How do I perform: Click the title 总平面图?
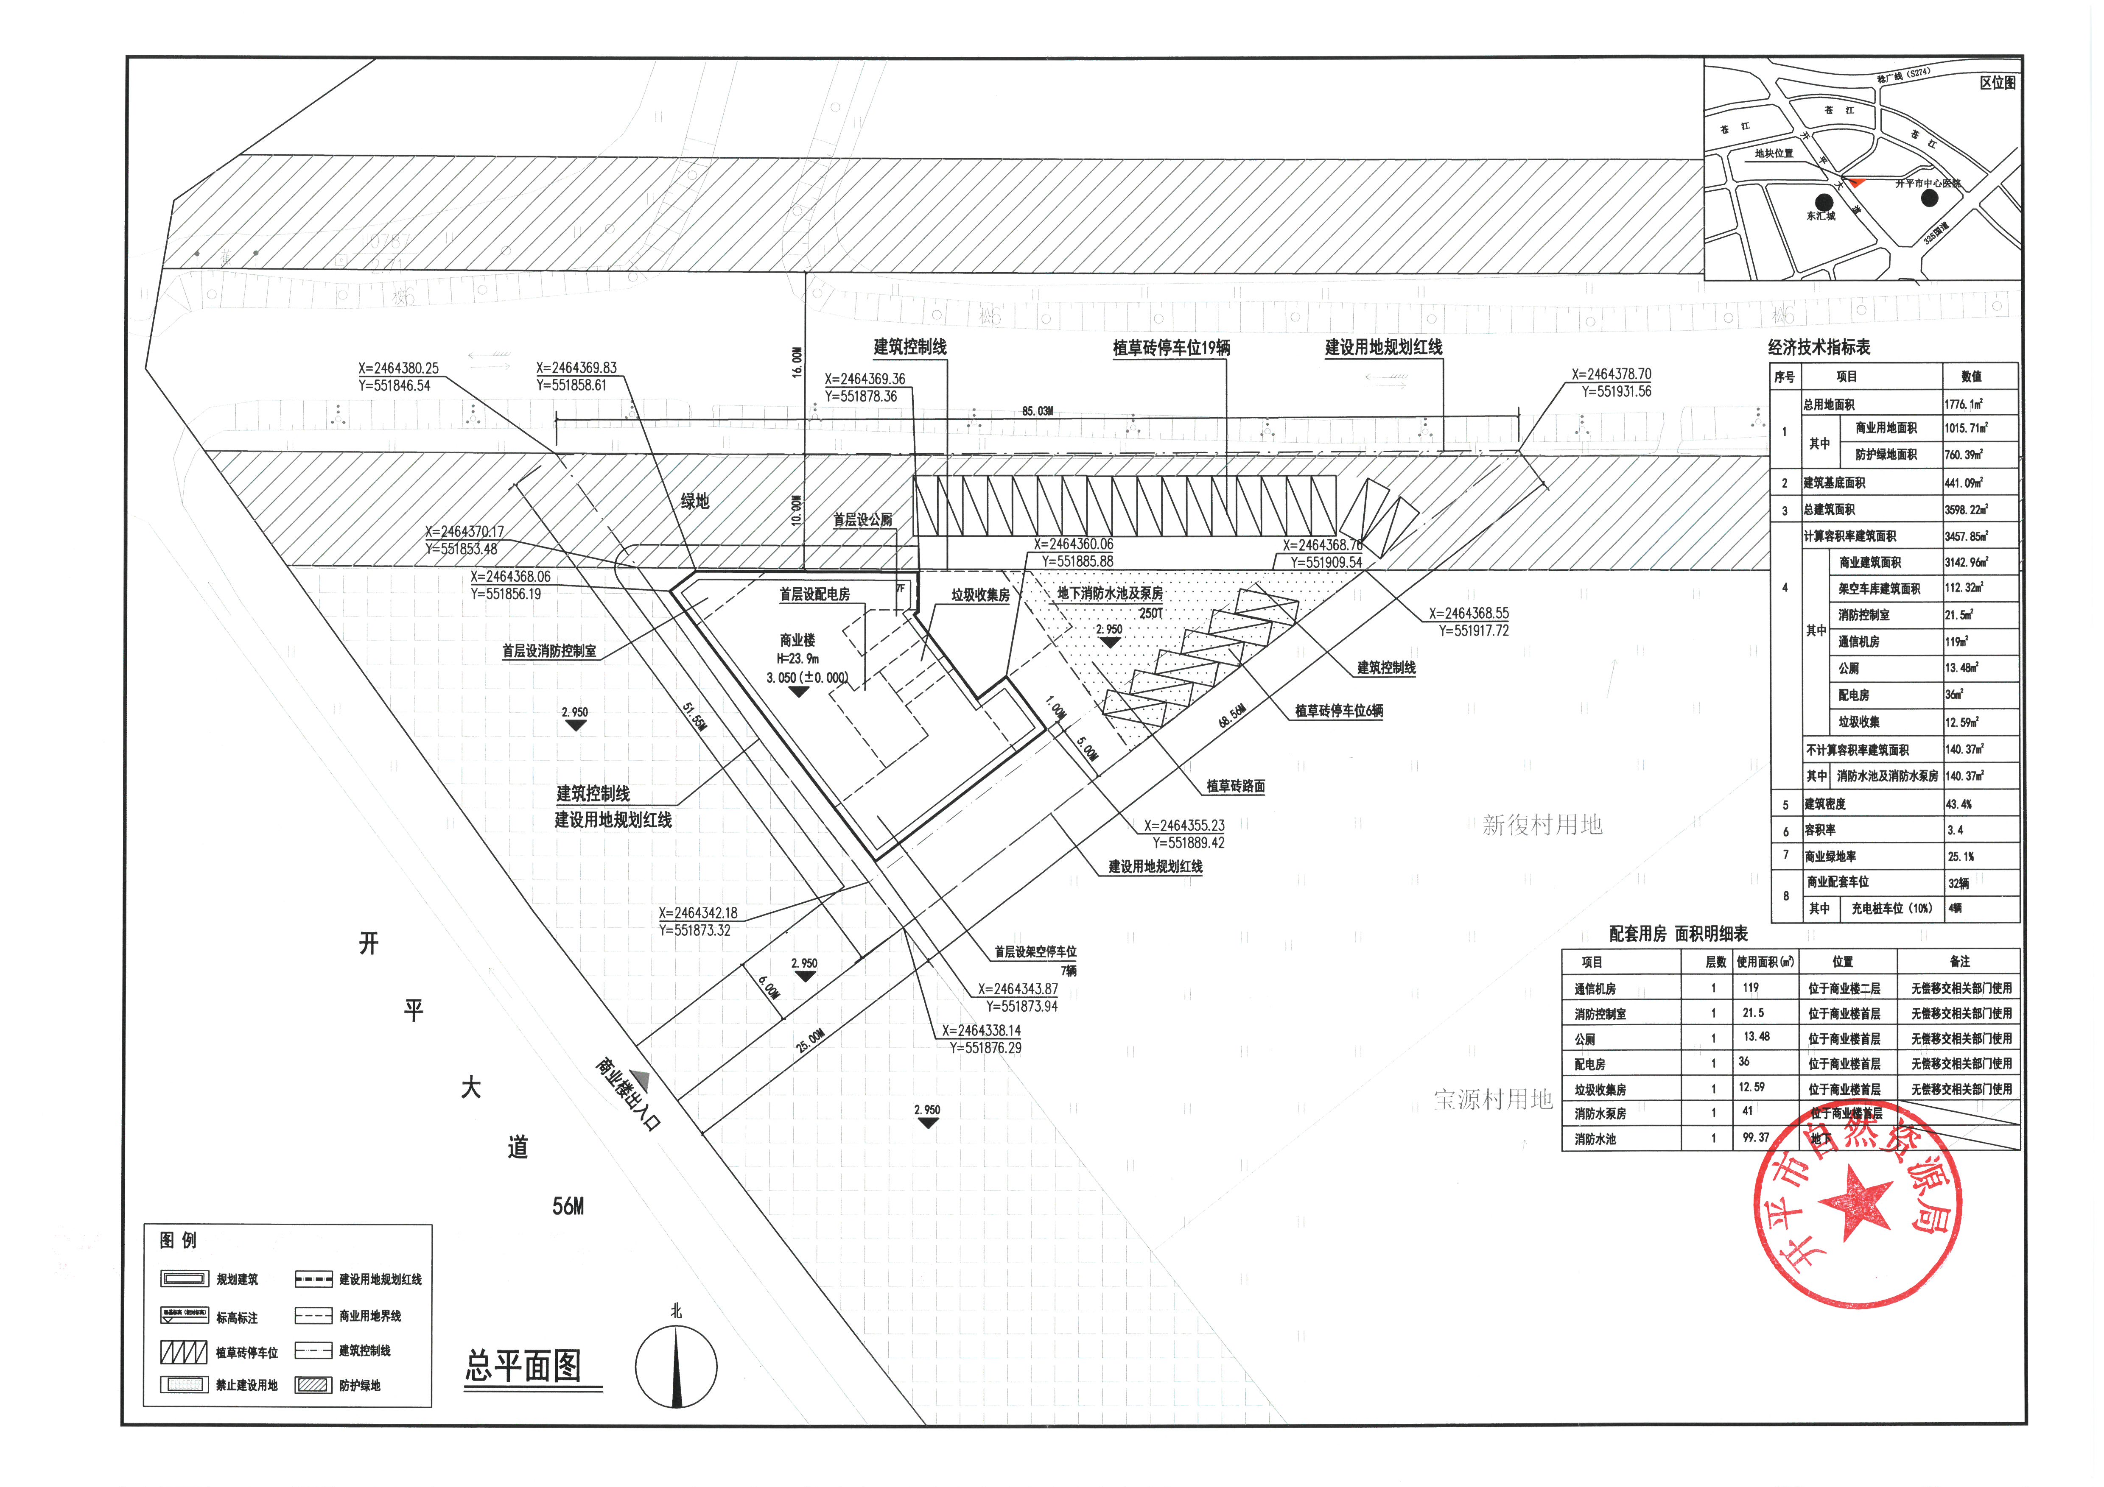pos(523,1366)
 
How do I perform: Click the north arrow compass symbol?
pos(676,1365)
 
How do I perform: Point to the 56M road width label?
pos(568,1207)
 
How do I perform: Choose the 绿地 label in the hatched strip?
pos(694,501)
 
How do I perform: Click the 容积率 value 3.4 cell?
pos(1956,830)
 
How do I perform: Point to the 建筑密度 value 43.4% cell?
pos(1959,804)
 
